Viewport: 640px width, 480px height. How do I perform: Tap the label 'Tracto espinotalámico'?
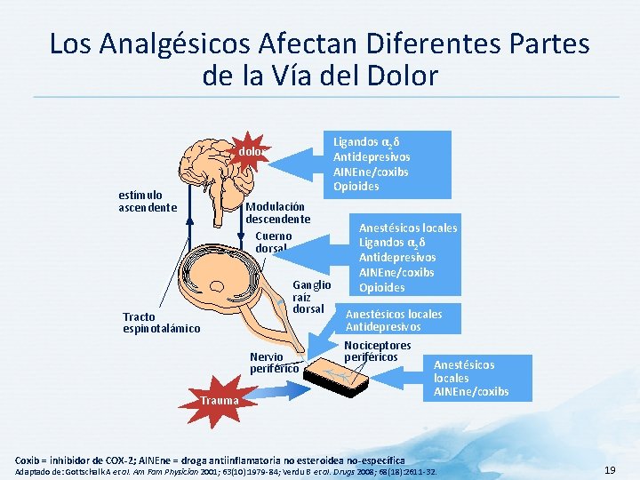pos(162,323)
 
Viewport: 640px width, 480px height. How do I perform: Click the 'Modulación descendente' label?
pos(277,212)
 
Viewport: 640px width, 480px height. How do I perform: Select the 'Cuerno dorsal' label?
pos(272,243)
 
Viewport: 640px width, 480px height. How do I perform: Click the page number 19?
pos(610,468)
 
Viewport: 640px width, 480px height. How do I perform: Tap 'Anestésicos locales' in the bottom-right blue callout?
pos(464,372)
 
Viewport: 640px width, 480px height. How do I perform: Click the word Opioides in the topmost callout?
pos(356,186)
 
